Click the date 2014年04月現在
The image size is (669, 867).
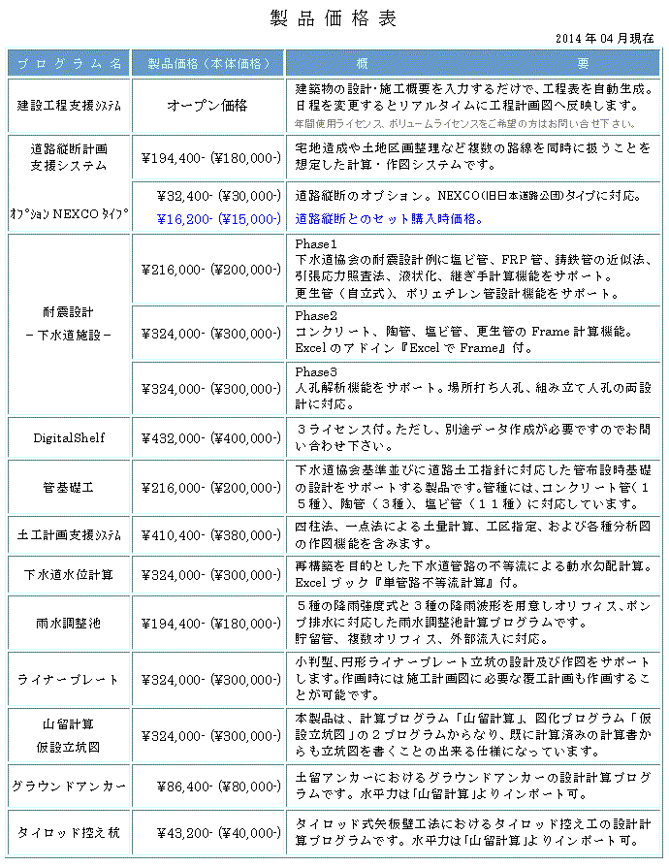click(605, 38)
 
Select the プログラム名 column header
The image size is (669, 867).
click(69, 64)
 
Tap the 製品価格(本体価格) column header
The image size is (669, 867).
click(207, 64)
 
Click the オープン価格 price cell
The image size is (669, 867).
click(207, 106)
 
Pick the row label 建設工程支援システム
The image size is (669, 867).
click(69, 106)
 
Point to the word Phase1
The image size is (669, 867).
click(316, 244)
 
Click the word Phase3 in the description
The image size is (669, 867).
click(316, 372)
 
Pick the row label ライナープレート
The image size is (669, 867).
click(69, 679)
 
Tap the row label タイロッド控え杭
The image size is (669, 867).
click(69, 833)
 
